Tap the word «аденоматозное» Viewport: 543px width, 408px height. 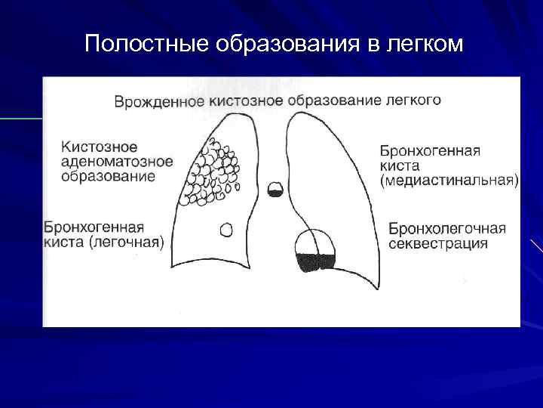(117, 161)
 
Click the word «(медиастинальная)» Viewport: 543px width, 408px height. (449, 181)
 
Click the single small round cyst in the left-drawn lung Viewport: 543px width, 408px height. (225, 228)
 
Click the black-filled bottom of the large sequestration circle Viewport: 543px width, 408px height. (316, 262)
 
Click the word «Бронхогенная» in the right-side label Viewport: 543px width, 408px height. (428, 150)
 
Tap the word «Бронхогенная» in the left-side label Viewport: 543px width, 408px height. (94, 227)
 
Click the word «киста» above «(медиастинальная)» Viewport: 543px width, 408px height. (400, 165)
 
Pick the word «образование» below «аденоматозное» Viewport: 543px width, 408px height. (109, 176)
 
